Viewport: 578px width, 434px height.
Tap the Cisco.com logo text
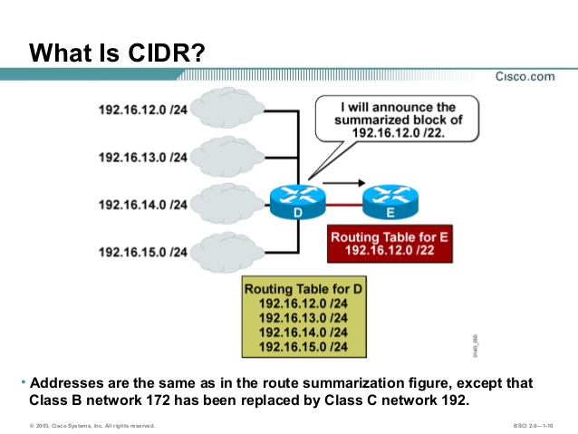coord(525,76)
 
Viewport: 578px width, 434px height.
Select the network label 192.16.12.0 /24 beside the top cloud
coord(142,111)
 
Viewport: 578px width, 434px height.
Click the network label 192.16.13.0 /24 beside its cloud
coord(142,158)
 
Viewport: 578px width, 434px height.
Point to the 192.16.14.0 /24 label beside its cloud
coord(142,205)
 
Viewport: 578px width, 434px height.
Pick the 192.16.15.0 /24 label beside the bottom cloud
coord(142,251)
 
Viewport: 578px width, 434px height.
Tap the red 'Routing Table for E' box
coord(390,244)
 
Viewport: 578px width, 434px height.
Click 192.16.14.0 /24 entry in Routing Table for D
coord(303,332)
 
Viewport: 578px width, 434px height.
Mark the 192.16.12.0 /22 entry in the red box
coord(390,251)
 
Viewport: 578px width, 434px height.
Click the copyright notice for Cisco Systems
coord(92,425)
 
